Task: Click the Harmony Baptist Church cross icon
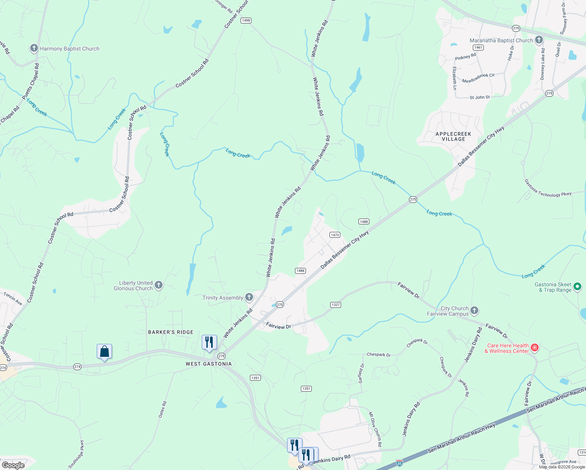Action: tap(34, 49)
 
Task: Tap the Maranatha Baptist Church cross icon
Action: tap(539, 40)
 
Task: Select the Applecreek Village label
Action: tap(453, 136)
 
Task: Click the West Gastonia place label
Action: tap(209, 364)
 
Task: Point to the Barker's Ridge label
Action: tap(171, 332)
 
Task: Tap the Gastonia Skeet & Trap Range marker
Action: tap(577, 287)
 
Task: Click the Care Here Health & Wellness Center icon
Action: tap(535, 348)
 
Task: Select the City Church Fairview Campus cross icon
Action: tap(474, 311)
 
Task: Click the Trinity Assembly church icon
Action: tap(249, 298)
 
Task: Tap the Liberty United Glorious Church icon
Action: tap(159, 285)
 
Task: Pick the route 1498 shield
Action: tap(246, 20)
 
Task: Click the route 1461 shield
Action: tap(478, 47)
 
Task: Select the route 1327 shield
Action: tap(336, 305)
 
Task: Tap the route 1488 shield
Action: tap(364, 222)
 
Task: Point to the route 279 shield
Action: tap(516, 28)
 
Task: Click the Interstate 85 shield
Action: tap(399, 463)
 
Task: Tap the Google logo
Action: tap(13, 465)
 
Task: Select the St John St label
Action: tap(479, 97)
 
